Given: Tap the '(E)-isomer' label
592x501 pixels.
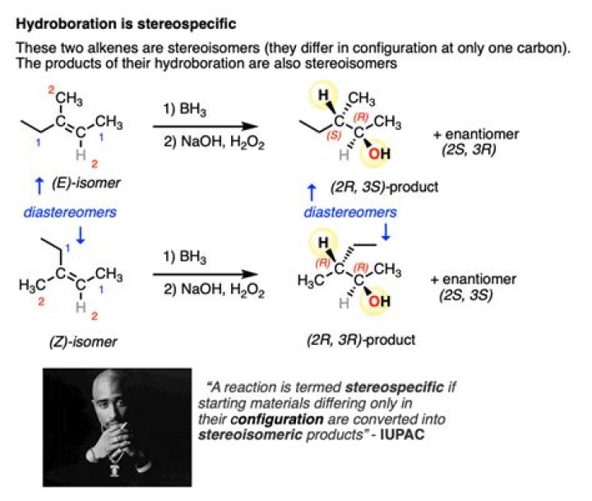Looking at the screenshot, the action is (86, 183).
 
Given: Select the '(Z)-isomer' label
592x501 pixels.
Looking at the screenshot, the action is (83, 342).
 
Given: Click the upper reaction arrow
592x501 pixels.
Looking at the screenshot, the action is (205, 126).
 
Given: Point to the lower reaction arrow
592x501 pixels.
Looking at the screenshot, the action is (205, 274).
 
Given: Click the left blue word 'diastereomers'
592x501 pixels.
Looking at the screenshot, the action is (70, 212).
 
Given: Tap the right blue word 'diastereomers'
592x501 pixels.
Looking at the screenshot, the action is (350, 212).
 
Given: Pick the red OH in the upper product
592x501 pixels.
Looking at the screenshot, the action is (379, 154).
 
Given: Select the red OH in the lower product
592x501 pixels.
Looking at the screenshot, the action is (379, 301).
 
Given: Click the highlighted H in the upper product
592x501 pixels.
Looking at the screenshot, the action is (323, 95).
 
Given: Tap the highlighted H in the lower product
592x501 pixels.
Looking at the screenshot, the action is (323, 242).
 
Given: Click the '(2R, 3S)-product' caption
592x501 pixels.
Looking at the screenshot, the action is (384, 187).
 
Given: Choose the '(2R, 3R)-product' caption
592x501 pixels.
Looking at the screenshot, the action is (361, 340).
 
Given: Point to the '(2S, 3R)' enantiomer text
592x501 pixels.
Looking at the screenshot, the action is (469, 150).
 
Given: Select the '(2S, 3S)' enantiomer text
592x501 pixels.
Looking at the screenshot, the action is (466, 295).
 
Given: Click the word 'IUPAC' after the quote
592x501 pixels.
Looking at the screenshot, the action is (402, 434).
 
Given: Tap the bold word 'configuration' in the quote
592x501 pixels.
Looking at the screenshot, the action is (277, 420).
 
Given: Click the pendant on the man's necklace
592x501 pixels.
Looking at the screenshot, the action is (115, 470).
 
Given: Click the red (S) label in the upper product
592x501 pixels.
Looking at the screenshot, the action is (334, 135).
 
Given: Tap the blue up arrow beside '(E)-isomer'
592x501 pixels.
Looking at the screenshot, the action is (39, 186).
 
